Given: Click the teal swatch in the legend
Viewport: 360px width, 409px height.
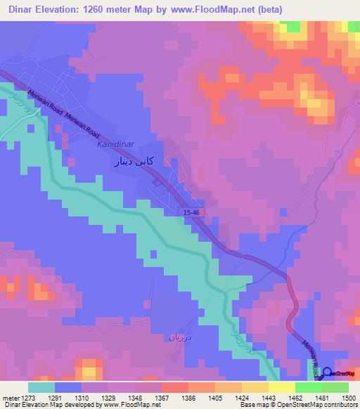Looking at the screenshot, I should pos(41,387).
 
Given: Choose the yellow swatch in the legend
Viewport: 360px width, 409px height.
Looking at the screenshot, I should pos(281,387).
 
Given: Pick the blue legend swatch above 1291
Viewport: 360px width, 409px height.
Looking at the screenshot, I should pos(68,387).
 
